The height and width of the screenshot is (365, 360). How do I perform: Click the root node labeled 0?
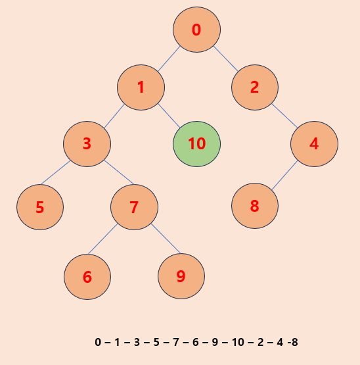click(x=196, y=30)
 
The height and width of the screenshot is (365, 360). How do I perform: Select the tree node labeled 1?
click(x=141, y=87)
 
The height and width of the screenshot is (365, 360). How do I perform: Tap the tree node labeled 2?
click(x=255, y=87)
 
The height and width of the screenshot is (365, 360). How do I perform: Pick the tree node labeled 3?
click(x=87, y=144)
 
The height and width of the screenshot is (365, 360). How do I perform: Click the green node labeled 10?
click(x=196, y=144)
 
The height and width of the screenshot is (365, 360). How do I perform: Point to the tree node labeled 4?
click(x=314, y=144)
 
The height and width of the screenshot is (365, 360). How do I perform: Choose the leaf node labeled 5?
click(x=40, y=207)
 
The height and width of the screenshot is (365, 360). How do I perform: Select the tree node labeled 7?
click(x=134, y=207)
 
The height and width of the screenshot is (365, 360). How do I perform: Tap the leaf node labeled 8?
click(x=255, y=206)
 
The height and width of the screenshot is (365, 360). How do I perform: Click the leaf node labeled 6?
click(x=87, y=277)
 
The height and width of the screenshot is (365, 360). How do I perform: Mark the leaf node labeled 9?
click(x=181, y=276)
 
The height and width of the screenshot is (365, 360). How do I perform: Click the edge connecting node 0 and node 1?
click(x=169, y=59)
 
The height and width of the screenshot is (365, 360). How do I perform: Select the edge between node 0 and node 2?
click(x=225, y=59)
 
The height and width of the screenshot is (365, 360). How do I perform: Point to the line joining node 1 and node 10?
click(x=169, y=116)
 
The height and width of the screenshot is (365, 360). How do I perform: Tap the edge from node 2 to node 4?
click(x=284, y=116)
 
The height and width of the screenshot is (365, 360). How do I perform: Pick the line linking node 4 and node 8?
click(x=284, y=175)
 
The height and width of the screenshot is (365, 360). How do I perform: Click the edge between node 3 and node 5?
click(x=56, y=172)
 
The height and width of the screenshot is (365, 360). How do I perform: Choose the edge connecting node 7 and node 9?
click(x=166, y=238)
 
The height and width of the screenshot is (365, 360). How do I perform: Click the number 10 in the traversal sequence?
click(x=238, y=342)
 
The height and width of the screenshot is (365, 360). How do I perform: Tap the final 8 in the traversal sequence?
click(x=295, y=342)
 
